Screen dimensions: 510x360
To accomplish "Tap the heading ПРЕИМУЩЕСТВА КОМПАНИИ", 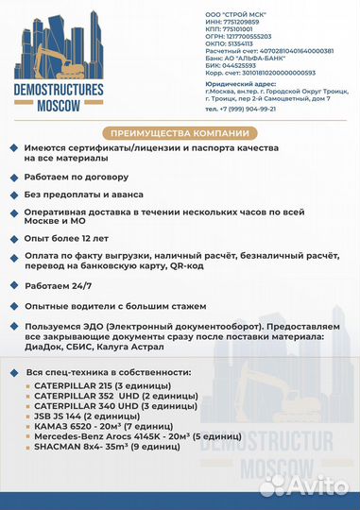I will tap(180, 132).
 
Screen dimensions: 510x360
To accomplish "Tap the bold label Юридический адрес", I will tap(239, 82).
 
